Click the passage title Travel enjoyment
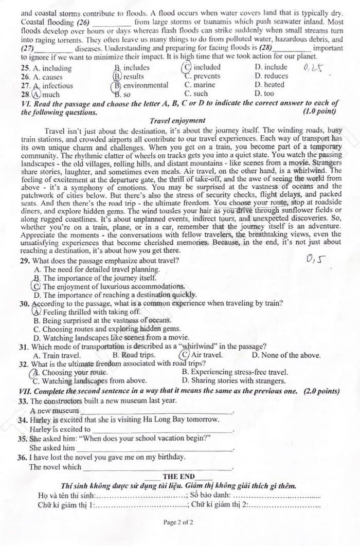[x=177, y=120]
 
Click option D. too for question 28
[x=264, y=94]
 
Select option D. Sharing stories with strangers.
[x=234, y=381]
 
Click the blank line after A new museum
[x=156, y=412]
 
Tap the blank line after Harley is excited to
[x=163, y=430]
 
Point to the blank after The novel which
[x=157, y=468]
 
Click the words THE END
[x=178, y=477]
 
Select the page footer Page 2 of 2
[x=178, y=522]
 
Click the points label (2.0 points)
[x=321, y=391]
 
